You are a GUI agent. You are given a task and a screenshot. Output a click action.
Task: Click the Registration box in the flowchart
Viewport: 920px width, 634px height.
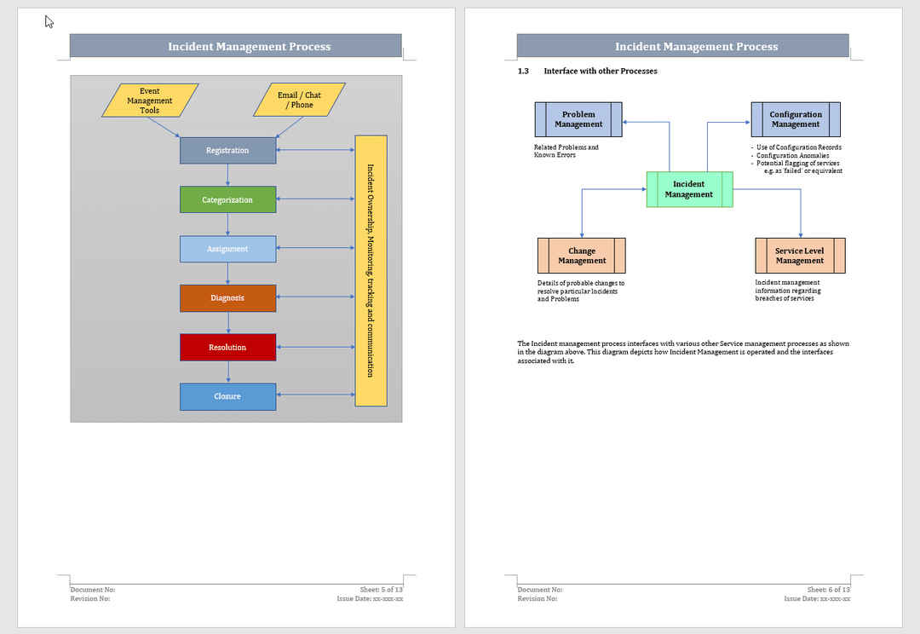227,151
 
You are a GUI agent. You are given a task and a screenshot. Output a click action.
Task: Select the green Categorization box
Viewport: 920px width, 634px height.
227,199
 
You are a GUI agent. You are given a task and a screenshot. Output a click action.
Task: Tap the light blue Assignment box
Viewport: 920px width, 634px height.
227,249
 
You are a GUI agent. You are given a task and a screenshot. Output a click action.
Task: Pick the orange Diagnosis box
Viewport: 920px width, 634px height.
227,298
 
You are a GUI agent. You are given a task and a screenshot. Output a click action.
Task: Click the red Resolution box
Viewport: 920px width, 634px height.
227,348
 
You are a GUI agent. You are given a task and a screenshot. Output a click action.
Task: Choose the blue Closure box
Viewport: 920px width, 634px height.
227,396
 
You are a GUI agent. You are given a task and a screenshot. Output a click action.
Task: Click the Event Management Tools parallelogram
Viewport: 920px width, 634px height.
150,101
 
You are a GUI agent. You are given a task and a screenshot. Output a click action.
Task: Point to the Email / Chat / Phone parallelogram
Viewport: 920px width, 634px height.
299,100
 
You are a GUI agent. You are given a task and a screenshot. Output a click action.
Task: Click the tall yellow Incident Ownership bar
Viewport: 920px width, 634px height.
371,270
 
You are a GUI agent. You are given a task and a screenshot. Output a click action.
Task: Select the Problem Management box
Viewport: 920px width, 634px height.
578,119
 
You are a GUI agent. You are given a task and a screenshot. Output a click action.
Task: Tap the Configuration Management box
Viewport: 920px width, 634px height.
796,119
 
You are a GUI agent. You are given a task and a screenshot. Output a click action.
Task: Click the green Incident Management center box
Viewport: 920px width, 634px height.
689,189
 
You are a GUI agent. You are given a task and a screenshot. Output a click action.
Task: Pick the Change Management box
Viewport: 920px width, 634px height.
582,256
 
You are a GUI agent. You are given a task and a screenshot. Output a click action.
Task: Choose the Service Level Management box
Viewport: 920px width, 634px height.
800,256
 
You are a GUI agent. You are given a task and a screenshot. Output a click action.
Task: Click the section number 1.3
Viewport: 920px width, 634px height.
524,72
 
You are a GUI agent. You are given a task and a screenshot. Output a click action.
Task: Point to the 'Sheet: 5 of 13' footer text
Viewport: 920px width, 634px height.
382,590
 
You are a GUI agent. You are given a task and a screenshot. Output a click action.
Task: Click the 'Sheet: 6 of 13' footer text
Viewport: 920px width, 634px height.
829,590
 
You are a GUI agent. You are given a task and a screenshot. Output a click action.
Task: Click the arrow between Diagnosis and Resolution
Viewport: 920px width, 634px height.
227,323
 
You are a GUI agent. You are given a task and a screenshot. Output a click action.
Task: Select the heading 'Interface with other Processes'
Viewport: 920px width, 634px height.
601,72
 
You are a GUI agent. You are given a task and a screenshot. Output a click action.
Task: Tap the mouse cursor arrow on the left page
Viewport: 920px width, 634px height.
49,22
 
